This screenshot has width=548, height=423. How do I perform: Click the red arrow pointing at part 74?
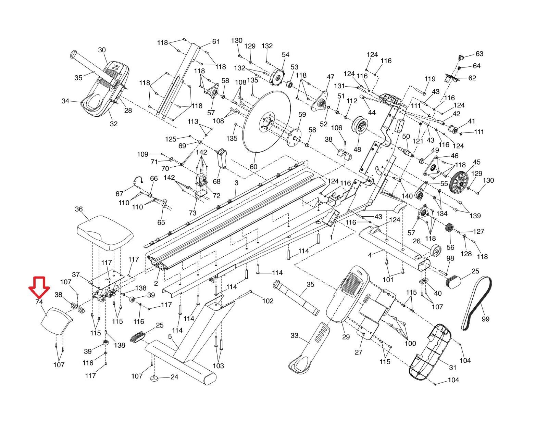(39, 286)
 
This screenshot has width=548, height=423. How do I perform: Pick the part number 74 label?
(39, 302)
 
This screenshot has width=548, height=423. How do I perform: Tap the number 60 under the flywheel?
(253, 167)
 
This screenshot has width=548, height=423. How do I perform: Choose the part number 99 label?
(486, 319)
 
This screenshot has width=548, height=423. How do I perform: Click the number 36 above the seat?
(79, 209)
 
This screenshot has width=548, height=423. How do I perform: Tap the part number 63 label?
(479, 54)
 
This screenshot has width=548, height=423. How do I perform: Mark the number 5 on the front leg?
(170, 336)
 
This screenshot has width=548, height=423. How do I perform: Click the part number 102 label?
(268, 301)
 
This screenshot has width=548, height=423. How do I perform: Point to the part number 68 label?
(216, 181)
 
